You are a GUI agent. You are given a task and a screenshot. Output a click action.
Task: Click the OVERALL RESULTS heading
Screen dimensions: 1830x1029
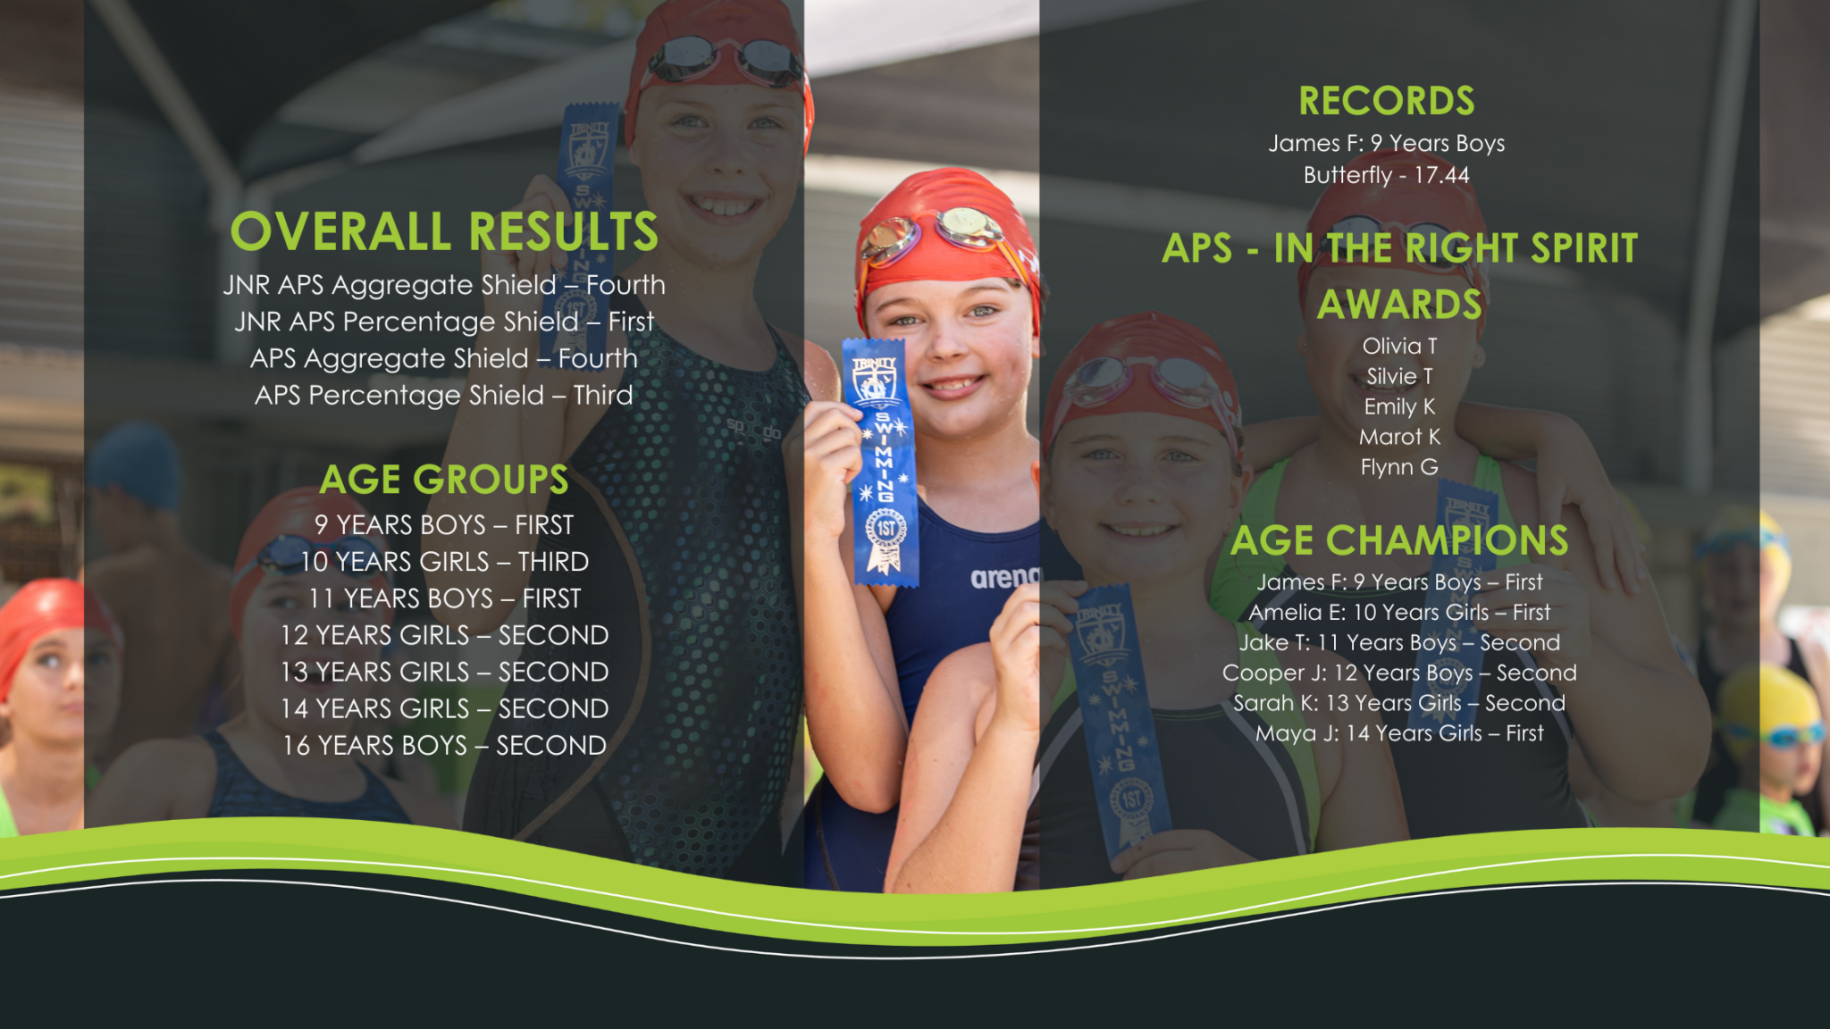444,231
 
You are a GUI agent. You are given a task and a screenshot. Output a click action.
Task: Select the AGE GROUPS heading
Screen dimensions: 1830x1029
444,480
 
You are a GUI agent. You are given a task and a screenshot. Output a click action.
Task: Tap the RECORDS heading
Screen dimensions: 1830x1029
1387,101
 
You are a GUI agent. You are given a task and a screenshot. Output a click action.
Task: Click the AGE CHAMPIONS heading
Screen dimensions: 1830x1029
1399,540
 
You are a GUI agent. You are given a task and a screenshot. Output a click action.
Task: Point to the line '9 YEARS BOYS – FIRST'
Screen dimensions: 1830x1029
444,524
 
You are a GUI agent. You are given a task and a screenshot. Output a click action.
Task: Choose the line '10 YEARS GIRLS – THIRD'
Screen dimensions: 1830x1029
444,561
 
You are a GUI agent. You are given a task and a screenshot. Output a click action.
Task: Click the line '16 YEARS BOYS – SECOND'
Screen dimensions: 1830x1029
444,745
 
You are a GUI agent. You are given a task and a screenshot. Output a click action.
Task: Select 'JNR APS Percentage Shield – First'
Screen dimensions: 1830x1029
444,322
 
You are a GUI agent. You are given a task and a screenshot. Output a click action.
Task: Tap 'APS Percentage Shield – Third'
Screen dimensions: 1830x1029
444,395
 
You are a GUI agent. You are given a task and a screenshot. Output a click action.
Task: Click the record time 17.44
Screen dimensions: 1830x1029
1441,175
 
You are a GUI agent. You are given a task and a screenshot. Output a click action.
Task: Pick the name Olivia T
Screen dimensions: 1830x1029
1399,346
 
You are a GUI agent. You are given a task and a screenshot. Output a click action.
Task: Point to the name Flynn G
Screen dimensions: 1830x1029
1399,467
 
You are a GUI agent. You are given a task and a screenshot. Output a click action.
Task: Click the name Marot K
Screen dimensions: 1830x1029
1399,437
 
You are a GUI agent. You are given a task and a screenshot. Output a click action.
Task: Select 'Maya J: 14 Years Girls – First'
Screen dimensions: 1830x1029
1399,733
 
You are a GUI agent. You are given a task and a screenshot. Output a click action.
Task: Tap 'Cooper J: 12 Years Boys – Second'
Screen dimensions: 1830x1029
1399,673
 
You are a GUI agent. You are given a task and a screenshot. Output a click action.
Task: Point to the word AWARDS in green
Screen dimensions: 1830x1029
1399,305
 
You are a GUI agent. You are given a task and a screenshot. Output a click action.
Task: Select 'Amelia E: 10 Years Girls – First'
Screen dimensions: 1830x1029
1399,612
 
